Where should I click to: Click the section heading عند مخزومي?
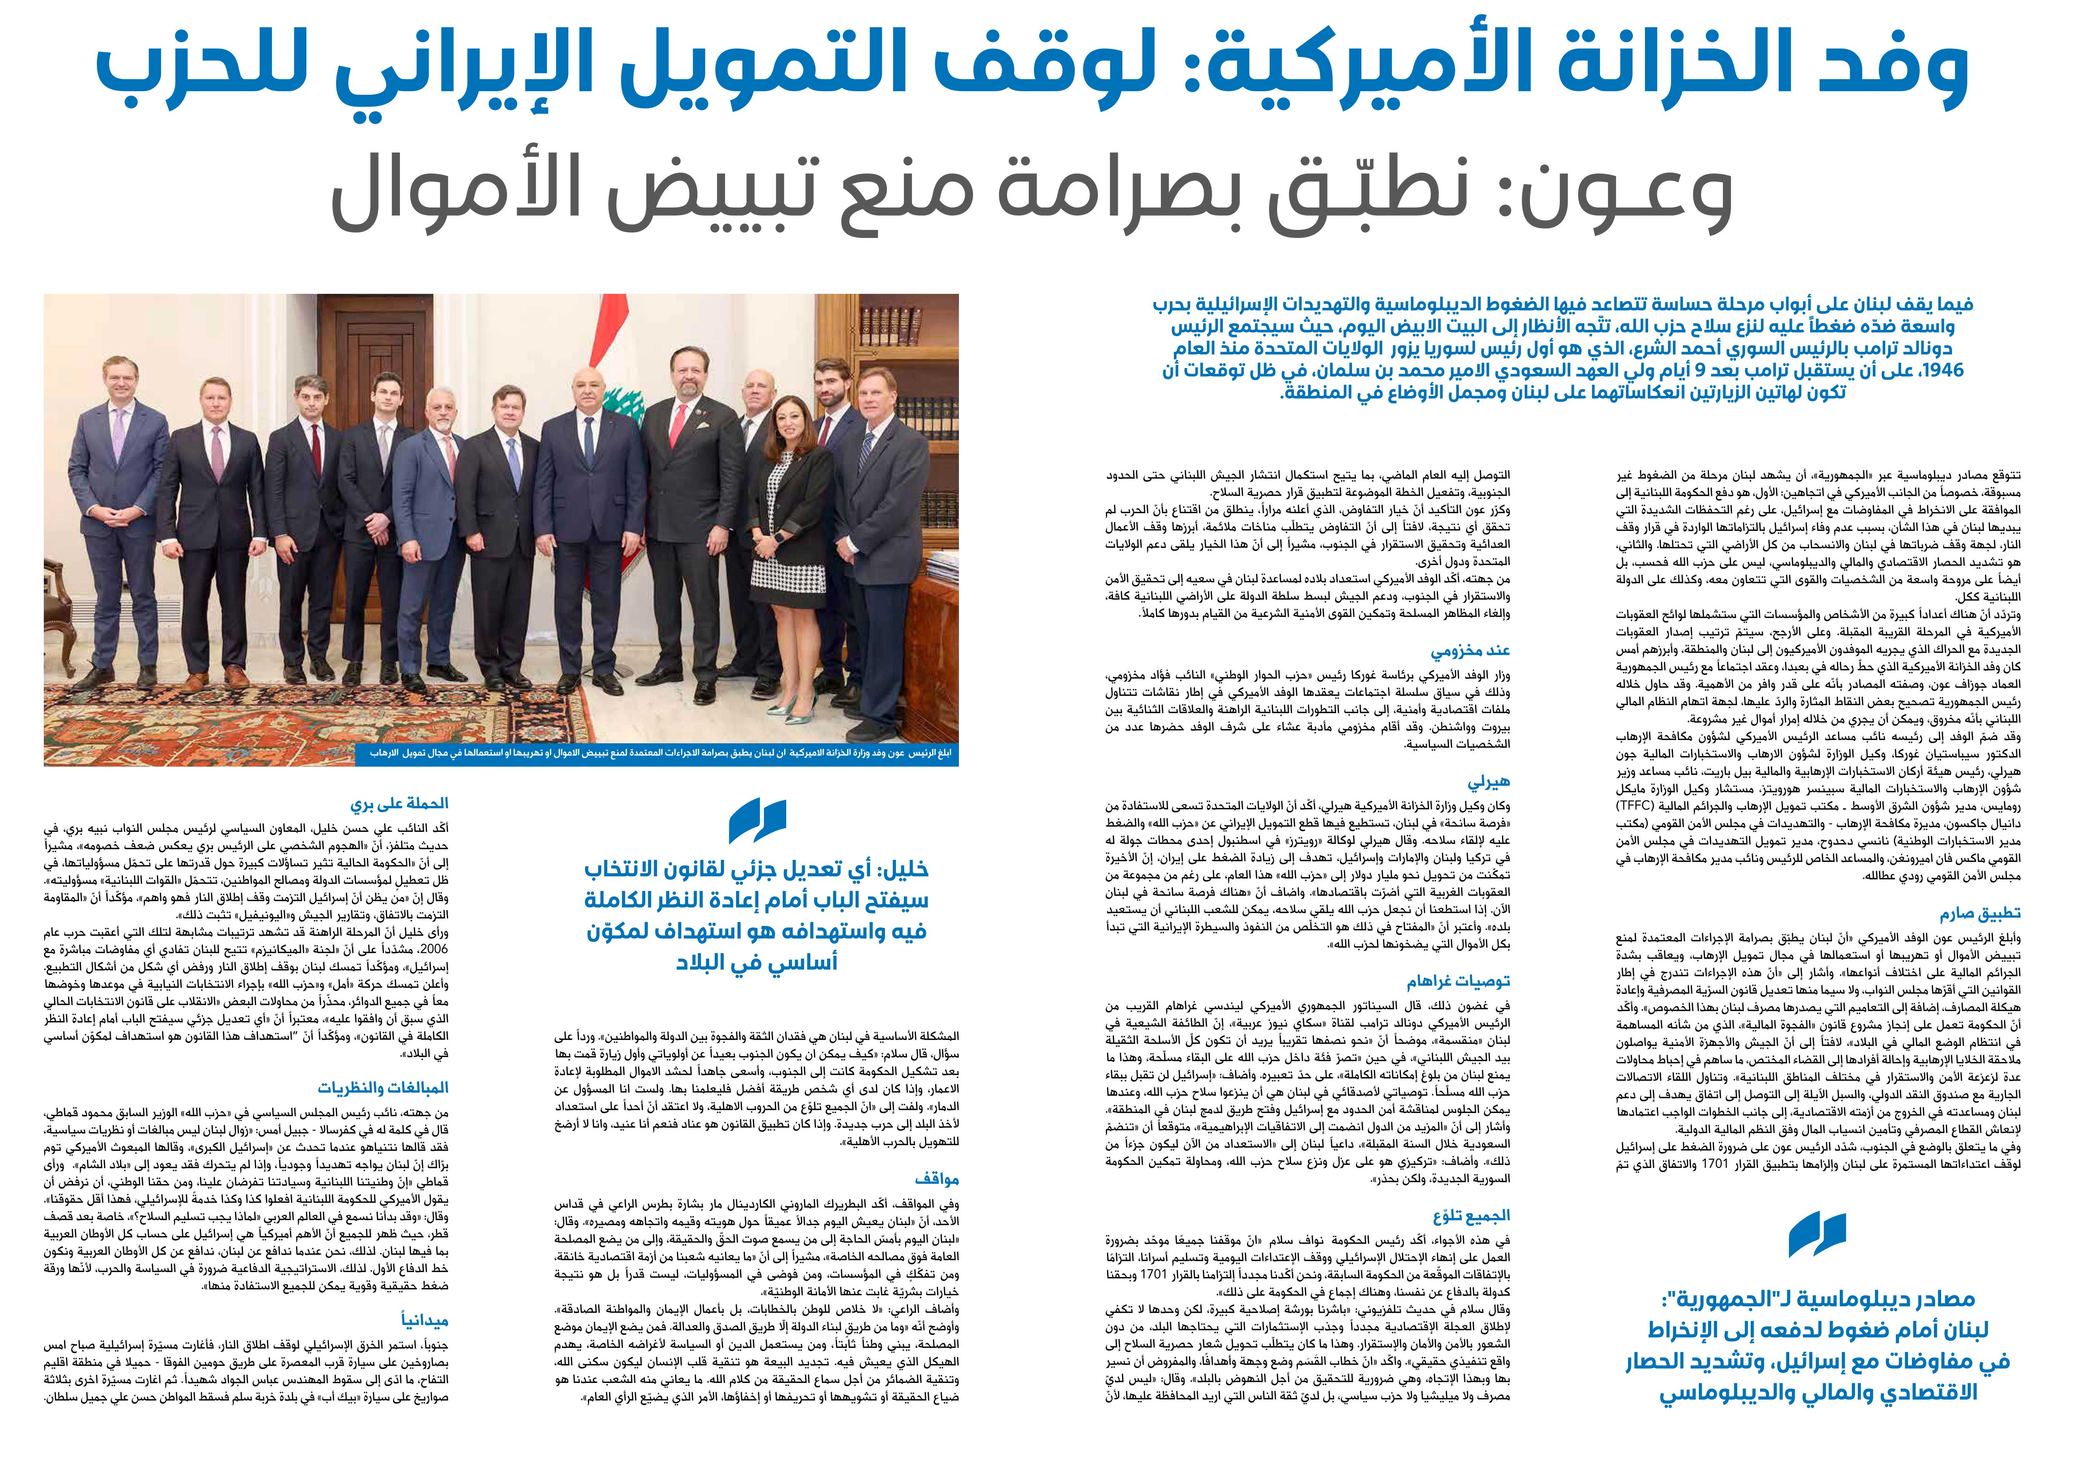pos(1470,651)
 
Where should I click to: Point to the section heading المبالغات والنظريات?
pos(383,1088)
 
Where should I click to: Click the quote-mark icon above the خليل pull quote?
pos(757,820)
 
